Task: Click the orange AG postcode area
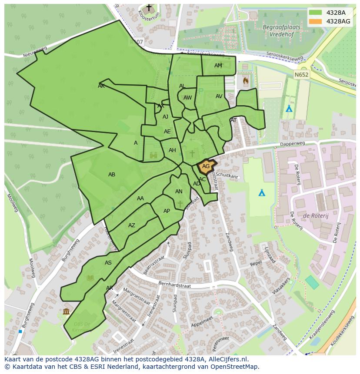coord(206,166)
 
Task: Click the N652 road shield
coord(301,75)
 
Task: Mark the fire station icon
coord(246,80)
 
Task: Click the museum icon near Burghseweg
coord(66,311)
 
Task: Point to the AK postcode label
coord(101,86)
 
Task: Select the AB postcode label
coord(112,175)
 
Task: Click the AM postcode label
coord(218,66)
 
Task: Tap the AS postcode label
coord(108,263)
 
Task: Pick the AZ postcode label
coord(132,225)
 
